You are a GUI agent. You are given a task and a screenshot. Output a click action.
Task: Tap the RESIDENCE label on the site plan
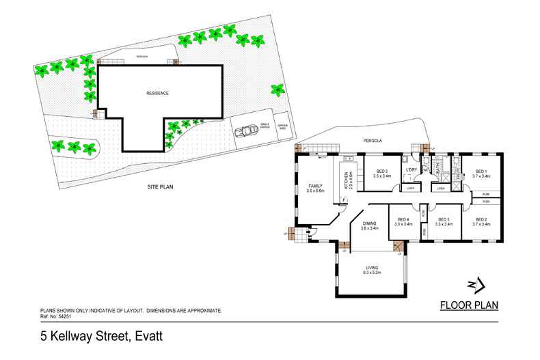pos(157,93)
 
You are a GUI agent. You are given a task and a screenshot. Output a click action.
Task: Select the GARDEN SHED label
pos(283,126)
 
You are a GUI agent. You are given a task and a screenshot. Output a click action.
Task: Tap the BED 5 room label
pos(382,171)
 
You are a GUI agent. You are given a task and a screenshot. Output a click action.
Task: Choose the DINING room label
pos(369,223)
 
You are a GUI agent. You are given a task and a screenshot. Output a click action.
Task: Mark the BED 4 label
pos(403,219)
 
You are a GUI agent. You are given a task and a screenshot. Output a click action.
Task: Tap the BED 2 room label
pos(481,219)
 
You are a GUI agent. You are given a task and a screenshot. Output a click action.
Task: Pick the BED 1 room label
pos(481,171)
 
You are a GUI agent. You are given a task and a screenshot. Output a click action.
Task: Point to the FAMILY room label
pos(315,186)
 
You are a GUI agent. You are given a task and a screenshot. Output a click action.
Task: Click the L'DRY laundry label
pos(411,169)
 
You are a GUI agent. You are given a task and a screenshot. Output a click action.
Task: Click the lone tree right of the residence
pos(277,89)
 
